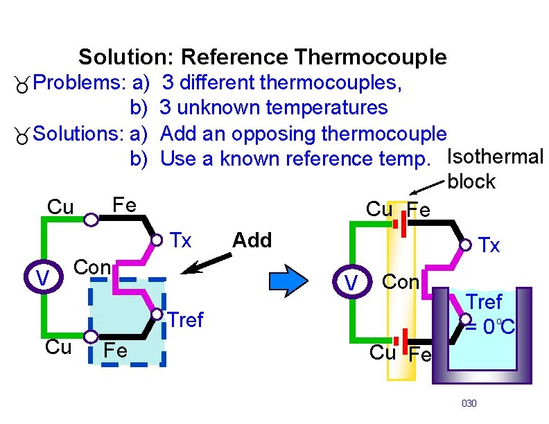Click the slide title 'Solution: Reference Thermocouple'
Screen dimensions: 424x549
click(263, 57)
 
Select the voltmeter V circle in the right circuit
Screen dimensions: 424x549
click(352, 282)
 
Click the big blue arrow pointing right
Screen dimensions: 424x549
click(287, 279)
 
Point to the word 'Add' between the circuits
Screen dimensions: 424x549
click(252, 240)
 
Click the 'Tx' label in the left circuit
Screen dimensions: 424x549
click(181, 240)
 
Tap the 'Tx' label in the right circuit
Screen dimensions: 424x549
click(489, 245)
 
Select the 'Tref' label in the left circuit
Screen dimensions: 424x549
click(186, 320)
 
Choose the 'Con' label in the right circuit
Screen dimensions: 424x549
click(401, 282)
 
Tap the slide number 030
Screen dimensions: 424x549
click(469, 403)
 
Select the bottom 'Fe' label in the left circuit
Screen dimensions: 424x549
click(115, 351)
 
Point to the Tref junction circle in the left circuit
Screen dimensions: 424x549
click(158, 315)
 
